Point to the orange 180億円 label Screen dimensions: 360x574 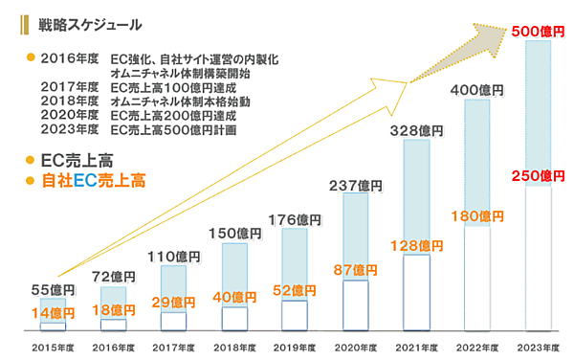[x=476, y=216]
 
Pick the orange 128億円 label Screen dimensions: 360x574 [x=416, y=246]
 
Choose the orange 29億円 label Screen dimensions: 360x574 [x=174, y=302]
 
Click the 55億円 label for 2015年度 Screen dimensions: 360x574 [x=48, y=289]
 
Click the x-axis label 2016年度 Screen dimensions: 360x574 [x=113, y=346]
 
